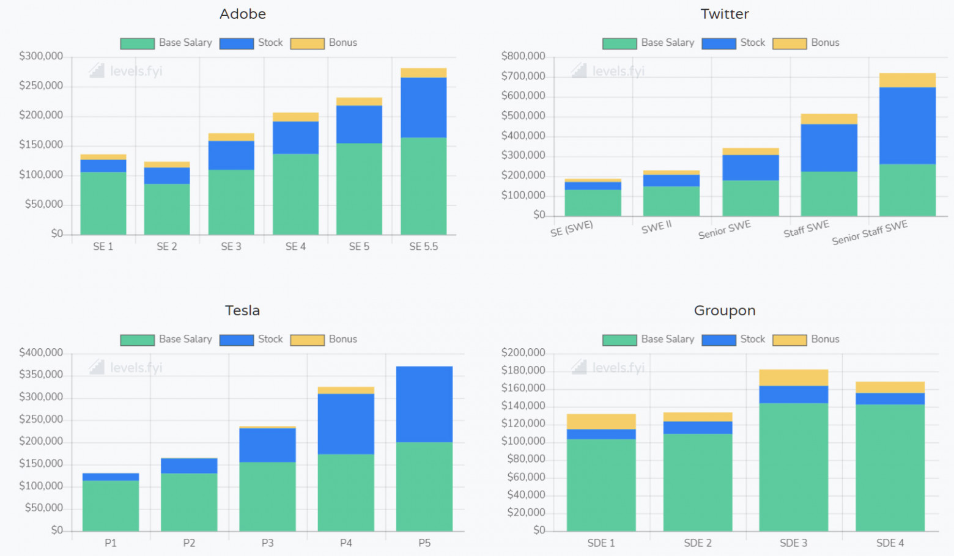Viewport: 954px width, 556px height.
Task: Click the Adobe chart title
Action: [243, 14]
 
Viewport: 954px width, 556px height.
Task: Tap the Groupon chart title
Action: [725, 310]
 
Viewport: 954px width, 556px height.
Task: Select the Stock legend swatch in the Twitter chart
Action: [719, 43]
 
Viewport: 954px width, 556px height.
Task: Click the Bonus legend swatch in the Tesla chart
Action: [307, 340]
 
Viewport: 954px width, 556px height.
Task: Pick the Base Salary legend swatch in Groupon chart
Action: [619, 340]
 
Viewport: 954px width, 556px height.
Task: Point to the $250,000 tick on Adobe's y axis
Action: [41, 86]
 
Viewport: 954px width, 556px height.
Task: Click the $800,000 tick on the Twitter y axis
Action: [523, 56]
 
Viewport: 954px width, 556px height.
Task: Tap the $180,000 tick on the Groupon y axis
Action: [523, 370]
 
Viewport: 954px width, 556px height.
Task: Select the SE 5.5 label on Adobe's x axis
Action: [423, 247]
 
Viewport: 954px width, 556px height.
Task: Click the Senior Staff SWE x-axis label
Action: [869, 232]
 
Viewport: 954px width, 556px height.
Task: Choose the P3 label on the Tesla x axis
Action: [267, 543]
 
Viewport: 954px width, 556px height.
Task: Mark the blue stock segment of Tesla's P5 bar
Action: [424, 404]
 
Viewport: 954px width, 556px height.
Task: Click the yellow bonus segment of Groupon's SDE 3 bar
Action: [793, 378]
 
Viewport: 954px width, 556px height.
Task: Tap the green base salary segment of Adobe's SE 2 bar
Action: [167, 209]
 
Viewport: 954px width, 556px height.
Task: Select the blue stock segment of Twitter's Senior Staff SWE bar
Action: [907, 125]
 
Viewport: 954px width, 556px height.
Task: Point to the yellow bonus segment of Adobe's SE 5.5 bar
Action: [423, 73]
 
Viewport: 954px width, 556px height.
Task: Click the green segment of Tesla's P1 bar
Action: [111, 505]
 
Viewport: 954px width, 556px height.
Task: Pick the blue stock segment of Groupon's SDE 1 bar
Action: [601, 434]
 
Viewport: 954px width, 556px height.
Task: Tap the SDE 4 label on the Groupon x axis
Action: [890, 543]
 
